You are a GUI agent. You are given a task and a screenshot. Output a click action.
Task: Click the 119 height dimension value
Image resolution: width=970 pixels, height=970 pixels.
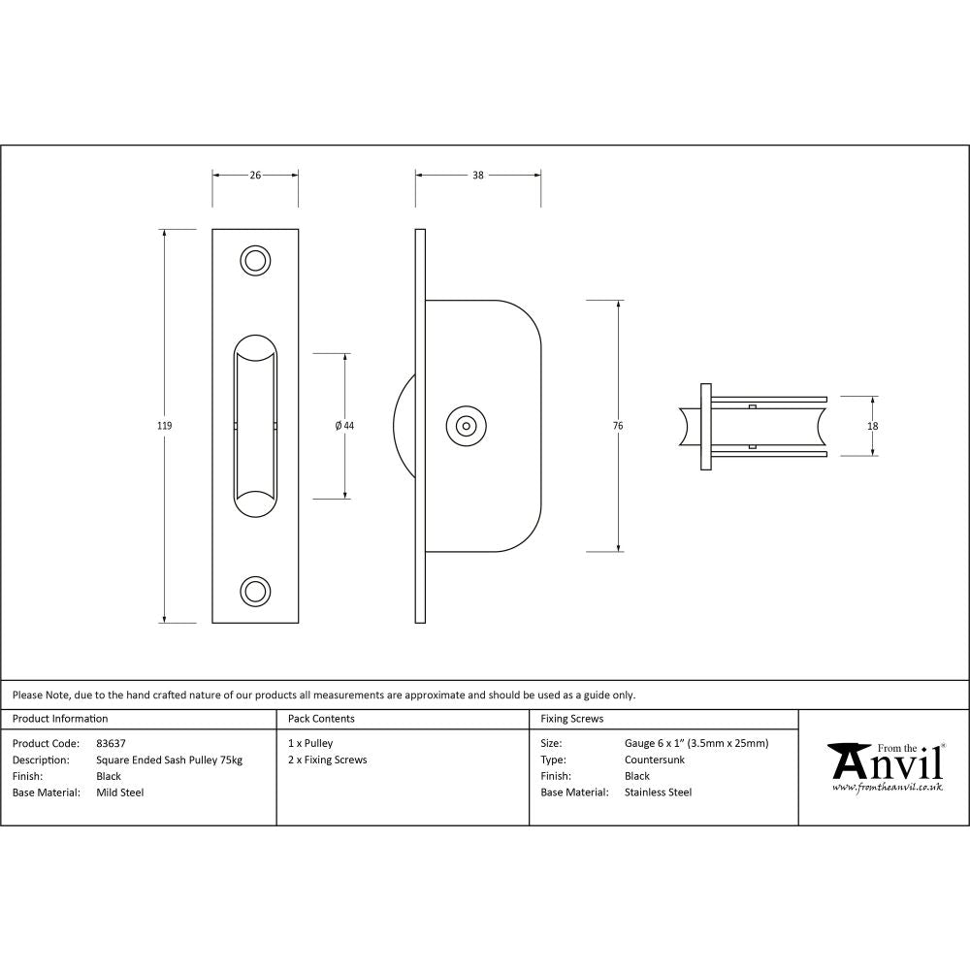pos(164,426)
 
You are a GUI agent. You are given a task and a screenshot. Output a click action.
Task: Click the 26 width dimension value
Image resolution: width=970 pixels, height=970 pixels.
pos(255,176)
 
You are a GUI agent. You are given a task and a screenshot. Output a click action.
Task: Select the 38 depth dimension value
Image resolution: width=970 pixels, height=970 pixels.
pos(478,176)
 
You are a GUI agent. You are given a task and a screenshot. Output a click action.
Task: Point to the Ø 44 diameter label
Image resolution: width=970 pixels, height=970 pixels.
pos(344,426)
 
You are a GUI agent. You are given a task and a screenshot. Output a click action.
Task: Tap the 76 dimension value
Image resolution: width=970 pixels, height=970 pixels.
pos(618,426)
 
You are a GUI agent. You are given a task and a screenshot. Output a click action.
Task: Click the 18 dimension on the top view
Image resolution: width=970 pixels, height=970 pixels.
pos(872,426)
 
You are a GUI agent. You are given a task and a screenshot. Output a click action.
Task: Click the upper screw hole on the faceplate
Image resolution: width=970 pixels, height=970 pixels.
pos(255,261)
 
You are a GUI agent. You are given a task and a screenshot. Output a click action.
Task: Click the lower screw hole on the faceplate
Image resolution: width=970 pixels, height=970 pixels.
pos(255,590)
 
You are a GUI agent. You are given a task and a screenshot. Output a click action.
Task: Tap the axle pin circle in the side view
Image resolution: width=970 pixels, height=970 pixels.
pos(467,426)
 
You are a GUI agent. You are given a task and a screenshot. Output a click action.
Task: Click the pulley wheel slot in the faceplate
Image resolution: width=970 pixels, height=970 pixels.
pos(255,426)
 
